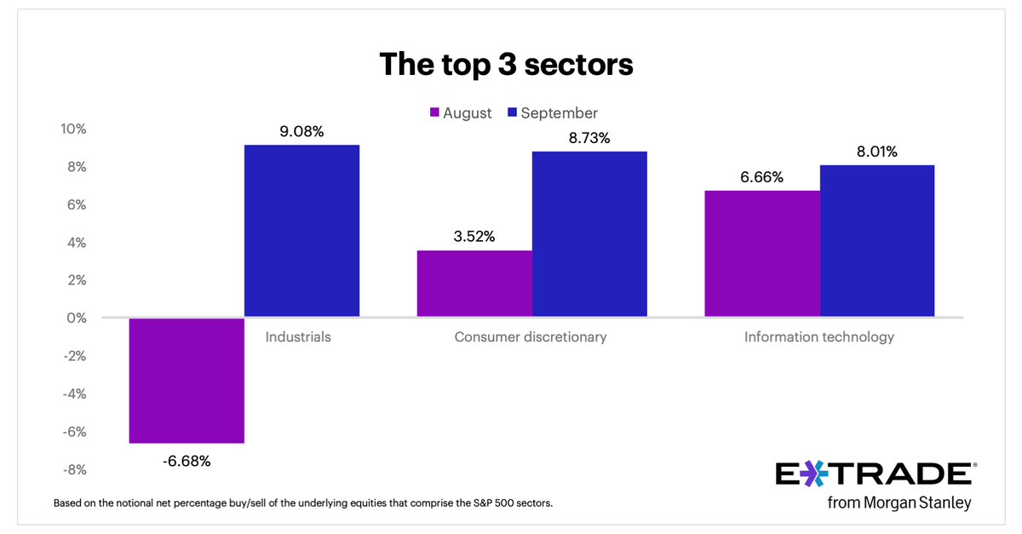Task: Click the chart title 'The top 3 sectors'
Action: [506, 65]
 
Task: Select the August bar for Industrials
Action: [187, 380]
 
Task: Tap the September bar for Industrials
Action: [301, 231]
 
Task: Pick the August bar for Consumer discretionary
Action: [474, 284]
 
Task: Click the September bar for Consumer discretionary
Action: [589, 234]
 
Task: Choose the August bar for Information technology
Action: [762, 254]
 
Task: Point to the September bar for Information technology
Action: [877, 241]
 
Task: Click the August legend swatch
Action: [433, 113]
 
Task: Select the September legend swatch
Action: [512, 113]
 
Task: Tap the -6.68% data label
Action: [186, 462]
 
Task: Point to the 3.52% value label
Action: [474, 236]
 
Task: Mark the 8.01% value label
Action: [876, 152]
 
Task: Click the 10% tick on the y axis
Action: [73, 129]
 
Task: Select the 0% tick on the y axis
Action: [76, 318]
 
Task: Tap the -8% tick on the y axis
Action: [73, 469]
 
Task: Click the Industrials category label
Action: [298, 336]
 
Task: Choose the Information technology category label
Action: [819, 336]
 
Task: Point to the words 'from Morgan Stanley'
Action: [899, 502]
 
